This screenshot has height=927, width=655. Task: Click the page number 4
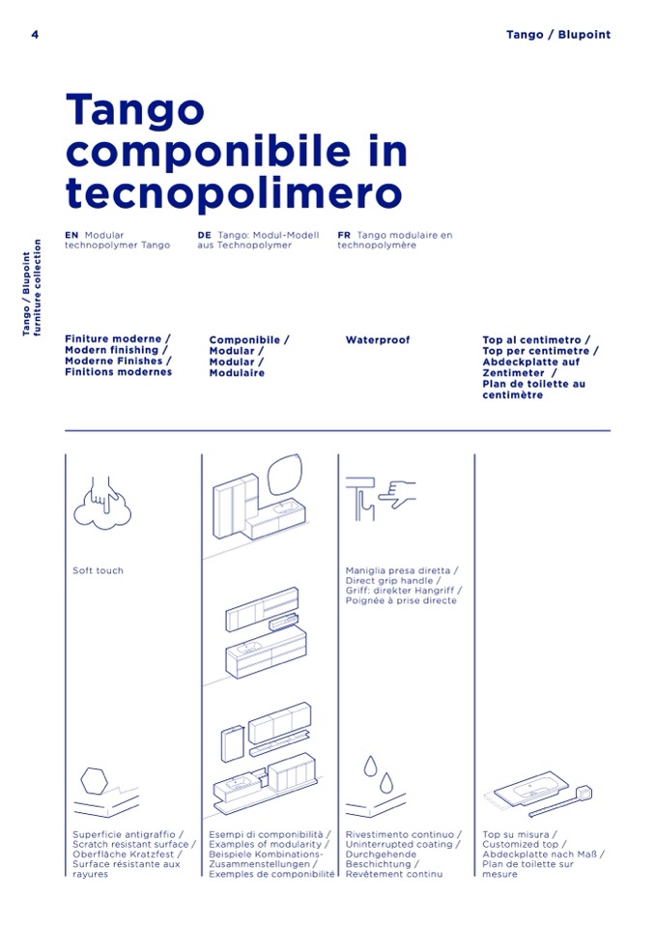coord(35,35)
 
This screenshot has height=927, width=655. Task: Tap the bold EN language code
coord(71,235)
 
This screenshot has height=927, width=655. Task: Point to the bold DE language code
coord(204,235)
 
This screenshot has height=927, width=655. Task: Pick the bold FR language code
coord(344,235)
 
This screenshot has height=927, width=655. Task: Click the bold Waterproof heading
coord(378,340)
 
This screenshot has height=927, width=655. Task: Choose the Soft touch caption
coord(98,570)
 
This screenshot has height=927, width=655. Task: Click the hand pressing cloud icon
coord(100,499)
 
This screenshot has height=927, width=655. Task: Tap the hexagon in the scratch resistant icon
coord(95,779)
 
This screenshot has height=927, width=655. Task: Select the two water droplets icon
coord(377,773)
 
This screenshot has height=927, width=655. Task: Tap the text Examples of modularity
coord(265,845)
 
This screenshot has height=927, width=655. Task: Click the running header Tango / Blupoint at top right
coord(557,35)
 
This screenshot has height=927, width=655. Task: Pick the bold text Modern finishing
coord(115,351)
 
